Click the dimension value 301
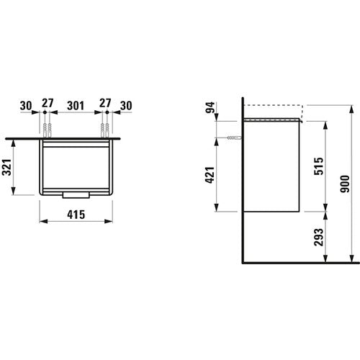76,106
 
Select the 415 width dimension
76,215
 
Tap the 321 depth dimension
6,167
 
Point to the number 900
345,184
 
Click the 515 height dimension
319,166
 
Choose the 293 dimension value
319,237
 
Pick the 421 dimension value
210,175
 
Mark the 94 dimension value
210,108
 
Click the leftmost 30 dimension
26,106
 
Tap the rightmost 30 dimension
126,106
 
